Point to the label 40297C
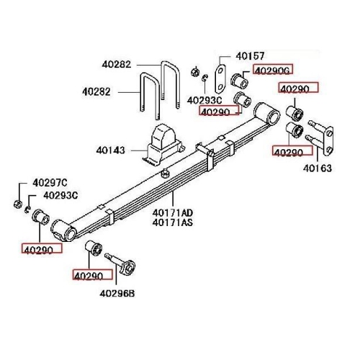pos(49,182)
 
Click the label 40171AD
pos(173,212)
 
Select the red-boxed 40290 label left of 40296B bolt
pos(93,275)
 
